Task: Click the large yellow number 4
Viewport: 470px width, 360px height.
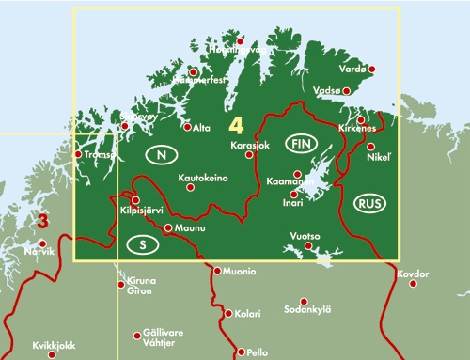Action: click(236, 125)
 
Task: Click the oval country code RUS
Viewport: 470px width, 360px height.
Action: click(368, 202)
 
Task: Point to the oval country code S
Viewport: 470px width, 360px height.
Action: click(141, 245)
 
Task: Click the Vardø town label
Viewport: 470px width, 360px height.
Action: click(354, 70)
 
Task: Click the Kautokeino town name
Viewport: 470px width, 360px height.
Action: click(203, 178)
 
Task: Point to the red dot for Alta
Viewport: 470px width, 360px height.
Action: click(187, 127)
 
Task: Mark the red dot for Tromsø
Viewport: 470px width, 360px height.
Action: click(77, 155)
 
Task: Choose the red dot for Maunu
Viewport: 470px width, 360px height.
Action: click(168, 228)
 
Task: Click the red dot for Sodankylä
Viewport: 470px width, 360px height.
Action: click(304, 301)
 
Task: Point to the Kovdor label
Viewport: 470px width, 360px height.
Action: click(413, 274)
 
